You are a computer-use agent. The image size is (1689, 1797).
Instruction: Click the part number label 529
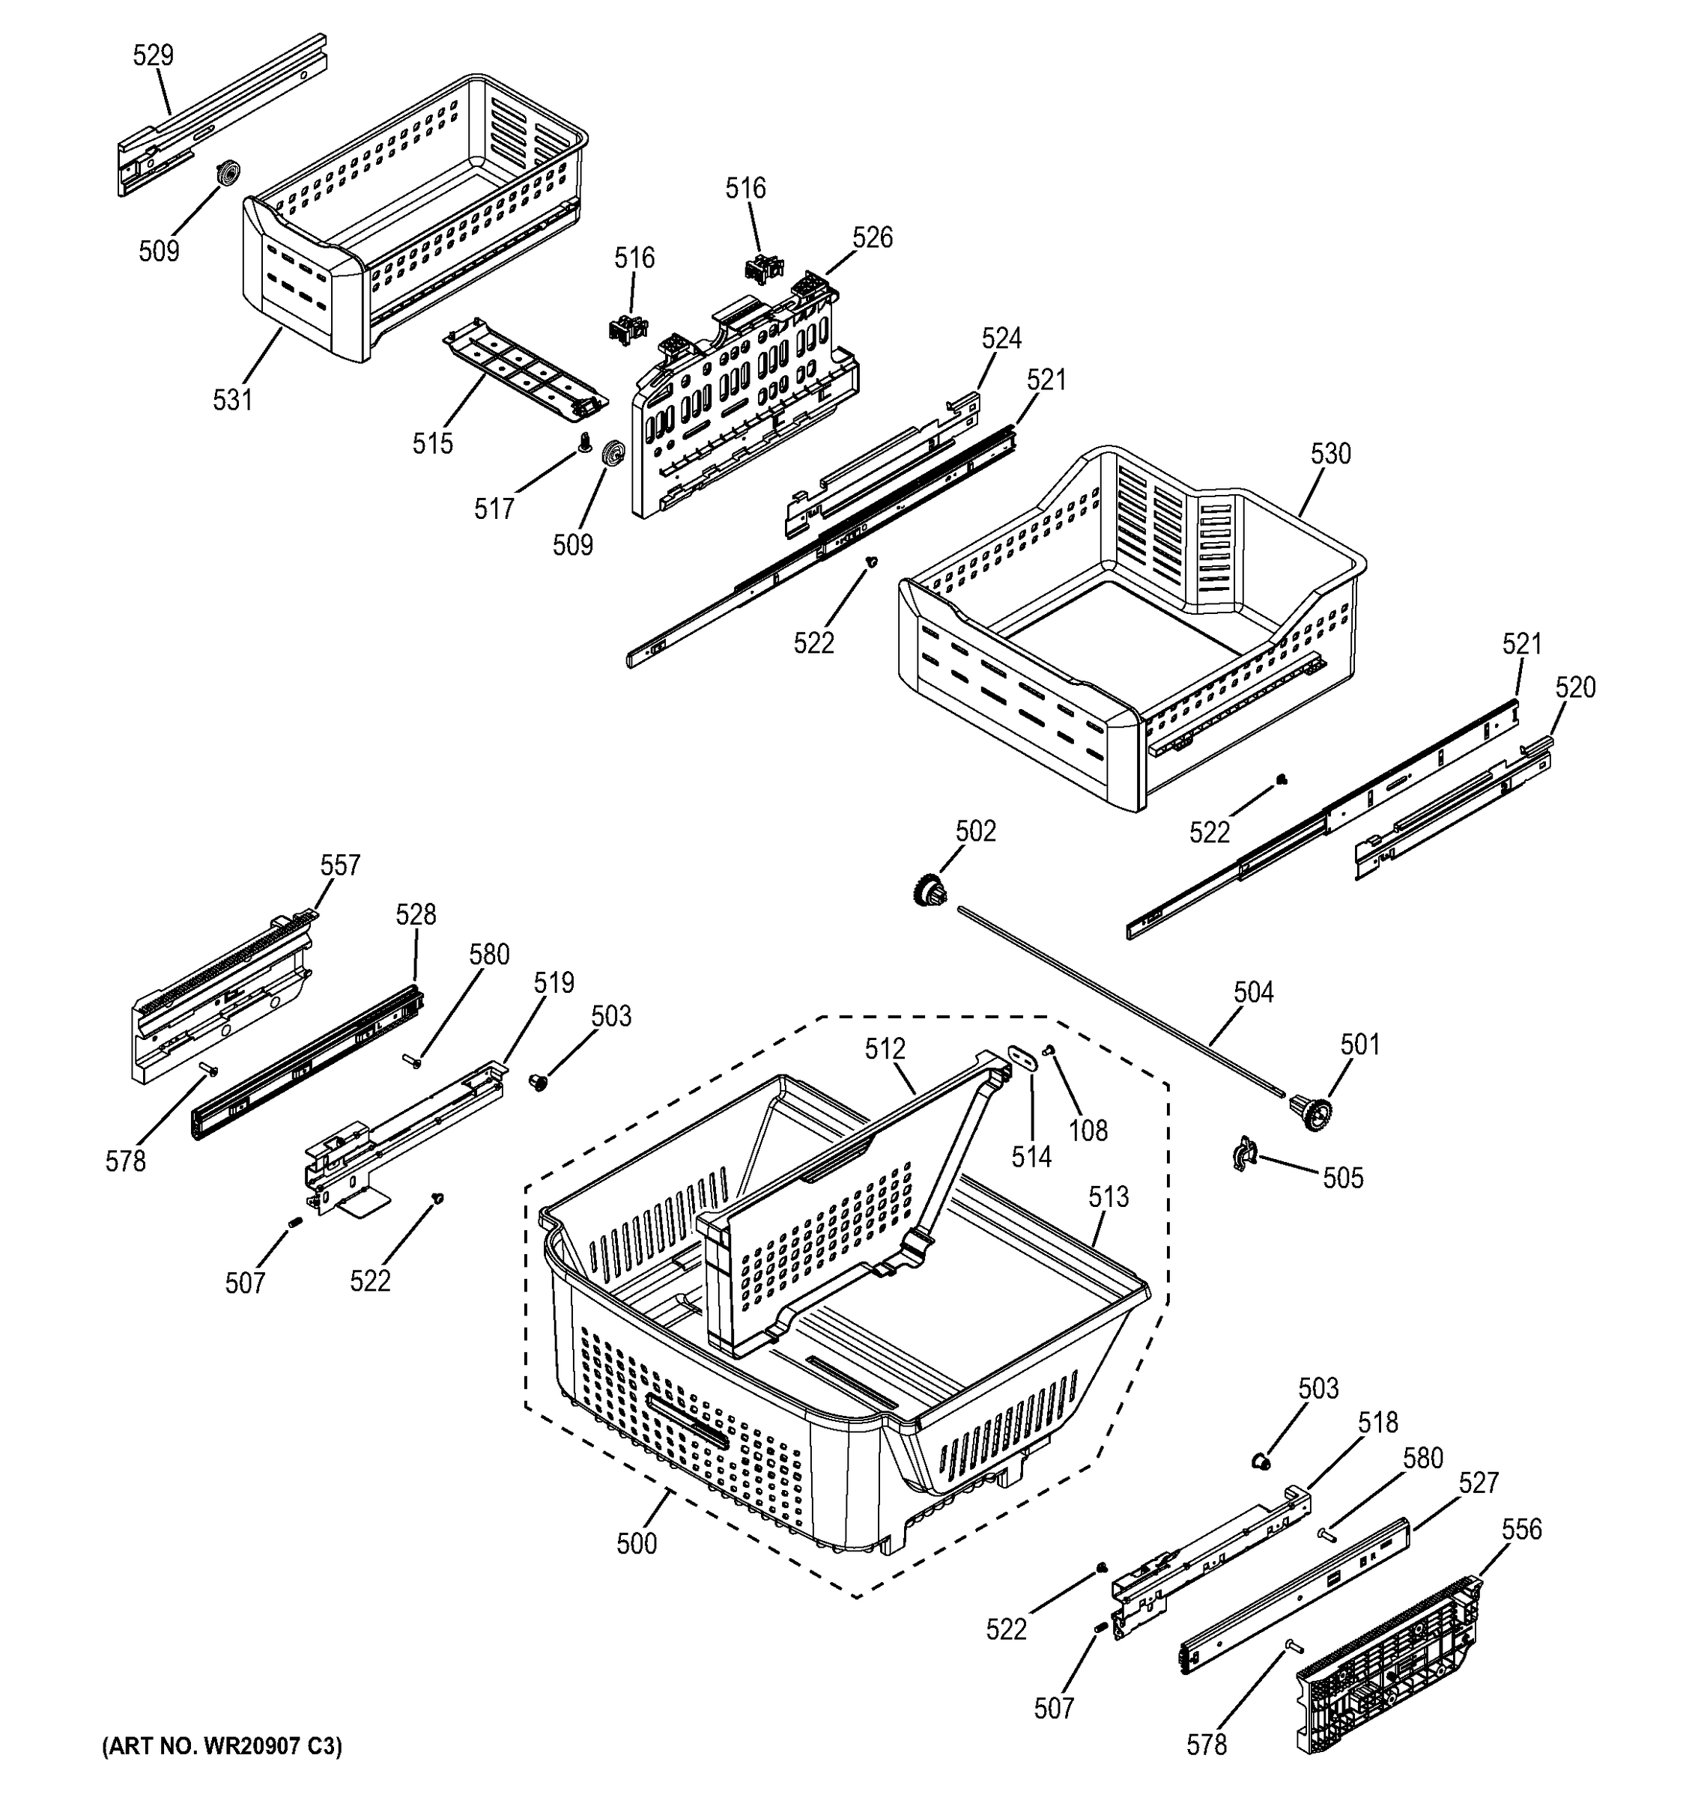(153, 56)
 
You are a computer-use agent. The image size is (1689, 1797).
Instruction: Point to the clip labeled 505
(1245, 1155)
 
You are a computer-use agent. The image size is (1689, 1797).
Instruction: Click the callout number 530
(1330, 454)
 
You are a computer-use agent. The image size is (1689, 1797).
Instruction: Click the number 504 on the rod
(1253, 993)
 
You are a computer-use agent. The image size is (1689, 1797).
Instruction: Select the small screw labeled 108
(1051, 1050)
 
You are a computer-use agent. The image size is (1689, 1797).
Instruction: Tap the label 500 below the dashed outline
(637, 1544)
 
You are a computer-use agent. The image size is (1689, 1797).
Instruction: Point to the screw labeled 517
(584, 443)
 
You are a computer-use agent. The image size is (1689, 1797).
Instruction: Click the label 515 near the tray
(433, 443)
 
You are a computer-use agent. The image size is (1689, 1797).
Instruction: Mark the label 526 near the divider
(873, 238)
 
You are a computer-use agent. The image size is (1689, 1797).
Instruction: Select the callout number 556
(1522, 1530)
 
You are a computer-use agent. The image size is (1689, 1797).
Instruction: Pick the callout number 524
(1002, 338)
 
